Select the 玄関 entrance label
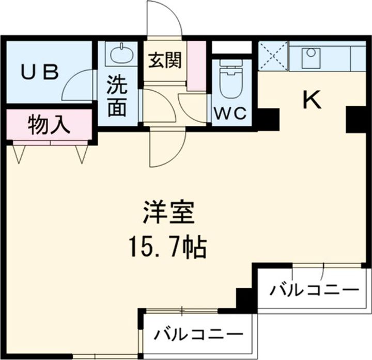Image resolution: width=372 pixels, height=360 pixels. coord(165,61)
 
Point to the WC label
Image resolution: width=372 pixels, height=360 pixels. coord(230,113)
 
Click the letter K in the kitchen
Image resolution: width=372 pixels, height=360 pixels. coord(312,100)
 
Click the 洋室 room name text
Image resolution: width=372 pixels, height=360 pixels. coord(168,214)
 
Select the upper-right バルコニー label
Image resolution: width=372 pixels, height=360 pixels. coord(314,290)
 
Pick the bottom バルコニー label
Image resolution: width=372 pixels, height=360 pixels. coord(198,336)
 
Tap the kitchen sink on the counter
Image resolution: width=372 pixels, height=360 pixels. coord(310,54)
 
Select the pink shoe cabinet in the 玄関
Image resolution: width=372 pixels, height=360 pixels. coord(196,64)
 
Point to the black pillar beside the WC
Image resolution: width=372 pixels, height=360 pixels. coord(267,119)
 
